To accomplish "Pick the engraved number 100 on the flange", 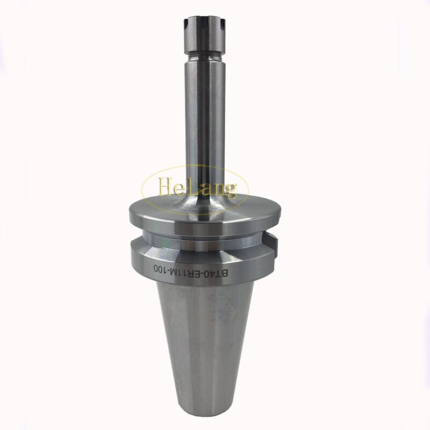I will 162,267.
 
